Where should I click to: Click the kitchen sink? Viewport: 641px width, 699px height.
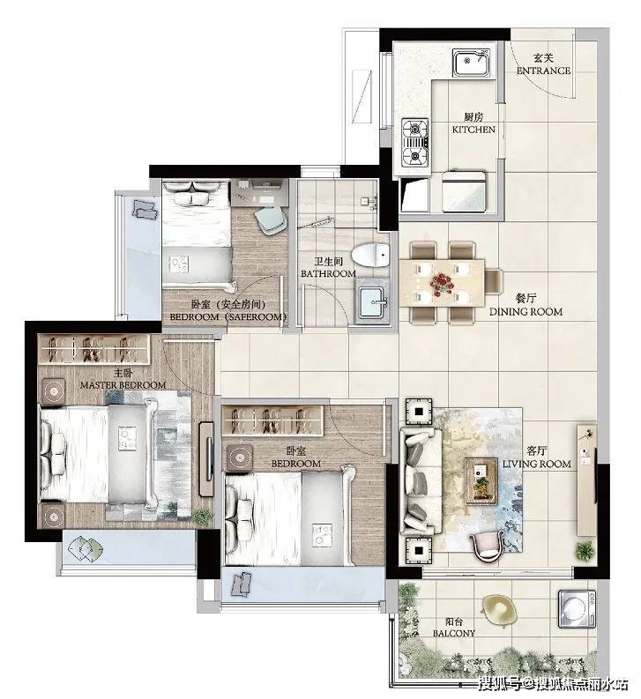point(472,63)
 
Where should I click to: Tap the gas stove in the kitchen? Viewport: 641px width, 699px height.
point(415,142)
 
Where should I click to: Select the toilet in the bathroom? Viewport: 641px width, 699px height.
point(370,255)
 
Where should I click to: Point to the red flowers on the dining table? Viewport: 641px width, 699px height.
point(442,284)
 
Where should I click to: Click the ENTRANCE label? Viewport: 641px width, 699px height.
point(543,71)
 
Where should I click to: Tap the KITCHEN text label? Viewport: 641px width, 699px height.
point(473,130)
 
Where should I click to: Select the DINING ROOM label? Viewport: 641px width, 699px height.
point(525,312)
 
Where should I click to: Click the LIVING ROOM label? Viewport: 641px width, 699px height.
point(537,464)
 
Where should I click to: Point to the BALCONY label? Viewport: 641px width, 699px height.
point(454,633)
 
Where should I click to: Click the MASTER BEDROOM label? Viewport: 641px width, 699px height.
point(123,384)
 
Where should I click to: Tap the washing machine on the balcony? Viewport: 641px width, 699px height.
point(577,609)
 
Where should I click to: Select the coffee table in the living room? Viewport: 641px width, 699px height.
point(481,480)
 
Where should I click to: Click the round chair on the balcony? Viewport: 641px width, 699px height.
point(499,610)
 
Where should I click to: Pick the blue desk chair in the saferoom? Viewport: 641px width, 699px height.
point(271,219)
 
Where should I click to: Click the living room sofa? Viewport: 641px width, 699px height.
point(421,481)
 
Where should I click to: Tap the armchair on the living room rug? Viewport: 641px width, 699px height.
point(486,547)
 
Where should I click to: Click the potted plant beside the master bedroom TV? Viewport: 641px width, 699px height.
point(203,516)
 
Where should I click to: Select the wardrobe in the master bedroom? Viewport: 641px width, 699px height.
point(93,349)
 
